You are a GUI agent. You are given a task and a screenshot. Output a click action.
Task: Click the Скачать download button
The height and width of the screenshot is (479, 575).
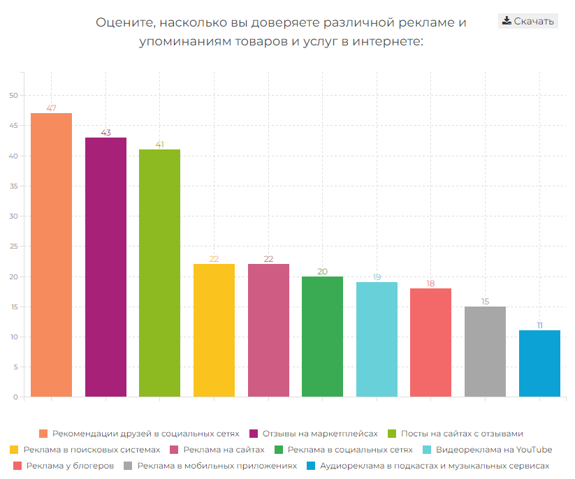tap(528, 21)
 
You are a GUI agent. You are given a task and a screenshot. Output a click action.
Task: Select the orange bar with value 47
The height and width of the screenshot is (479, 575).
tap(51, 255)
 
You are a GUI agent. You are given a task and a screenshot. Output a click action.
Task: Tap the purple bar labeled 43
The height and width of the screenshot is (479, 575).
tap(105, 267)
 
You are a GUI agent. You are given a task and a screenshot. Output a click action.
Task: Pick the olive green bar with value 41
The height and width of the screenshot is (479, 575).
tap(159, 273)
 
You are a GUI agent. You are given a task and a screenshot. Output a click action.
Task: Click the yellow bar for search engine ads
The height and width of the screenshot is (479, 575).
tap(214, 330)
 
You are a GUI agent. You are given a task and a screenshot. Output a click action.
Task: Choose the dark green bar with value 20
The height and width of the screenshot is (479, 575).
tap(322, 337)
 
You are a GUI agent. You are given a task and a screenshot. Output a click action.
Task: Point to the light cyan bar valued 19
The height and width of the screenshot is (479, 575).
tap(377, 339)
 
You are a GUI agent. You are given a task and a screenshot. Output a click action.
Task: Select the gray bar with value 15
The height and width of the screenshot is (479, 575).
tap(485, 351)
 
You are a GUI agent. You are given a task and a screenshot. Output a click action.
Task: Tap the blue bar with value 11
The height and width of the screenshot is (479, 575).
tap(539, 363)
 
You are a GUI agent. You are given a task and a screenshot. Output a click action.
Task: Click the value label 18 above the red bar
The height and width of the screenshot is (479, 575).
tap(430, 283)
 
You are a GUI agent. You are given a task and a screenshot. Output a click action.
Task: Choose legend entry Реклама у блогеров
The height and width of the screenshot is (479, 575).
tap(70, 465)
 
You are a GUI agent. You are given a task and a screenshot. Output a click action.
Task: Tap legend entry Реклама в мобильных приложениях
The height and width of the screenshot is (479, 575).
tap(217, 465)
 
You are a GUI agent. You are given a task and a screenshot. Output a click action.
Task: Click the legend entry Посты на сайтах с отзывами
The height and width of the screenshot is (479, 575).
tap(462, 433)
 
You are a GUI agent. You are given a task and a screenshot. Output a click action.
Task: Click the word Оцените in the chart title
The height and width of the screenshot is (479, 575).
tap(125, 22)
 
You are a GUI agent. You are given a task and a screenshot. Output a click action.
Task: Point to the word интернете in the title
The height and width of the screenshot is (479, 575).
tap(388, 42)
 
